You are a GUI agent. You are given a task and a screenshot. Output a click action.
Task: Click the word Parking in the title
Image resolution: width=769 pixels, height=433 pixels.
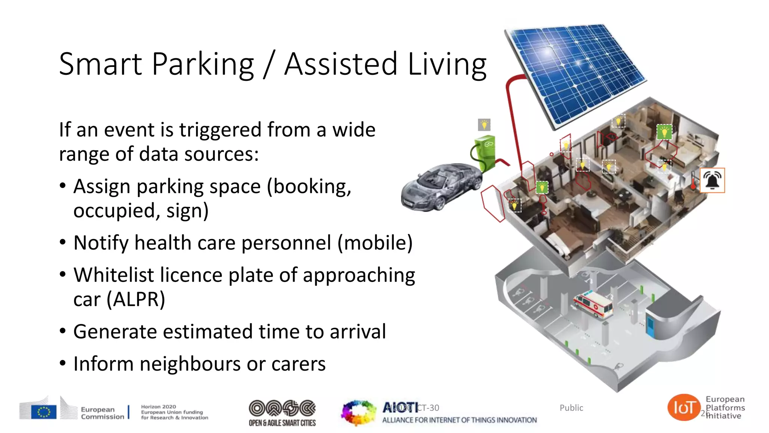(203, 64)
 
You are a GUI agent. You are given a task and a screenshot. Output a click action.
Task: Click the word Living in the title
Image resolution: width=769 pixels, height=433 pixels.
(447, 64)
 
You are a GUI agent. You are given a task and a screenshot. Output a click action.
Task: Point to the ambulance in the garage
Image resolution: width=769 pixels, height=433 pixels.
(593, 304)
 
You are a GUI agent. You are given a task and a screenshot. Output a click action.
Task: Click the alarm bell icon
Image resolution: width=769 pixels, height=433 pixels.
(712, 180)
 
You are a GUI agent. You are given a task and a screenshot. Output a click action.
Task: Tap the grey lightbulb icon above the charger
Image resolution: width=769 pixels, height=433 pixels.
(484, 124)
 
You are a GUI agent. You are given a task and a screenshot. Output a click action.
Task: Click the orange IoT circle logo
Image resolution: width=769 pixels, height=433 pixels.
(684, 407)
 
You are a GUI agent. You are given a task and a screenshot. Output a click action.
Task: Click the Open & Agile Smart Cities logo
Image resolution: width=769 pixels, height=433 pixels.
(282, 413)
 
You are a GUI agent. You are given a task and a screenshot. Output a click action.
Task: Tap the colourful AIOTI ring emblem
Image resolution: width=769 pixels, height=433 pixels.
(358, 413)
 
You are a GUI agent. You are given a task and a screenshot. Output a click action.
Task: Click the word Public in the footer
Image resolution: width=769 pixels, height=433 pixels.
(571, 408)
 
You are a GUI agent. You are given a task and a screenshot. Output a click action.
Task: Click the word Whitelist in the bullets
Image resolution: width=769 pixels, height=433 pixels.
(113, 275)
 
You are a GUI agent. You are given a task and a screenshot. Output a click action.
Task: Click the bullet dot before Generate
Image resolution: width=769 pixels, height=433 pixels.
(63, 331)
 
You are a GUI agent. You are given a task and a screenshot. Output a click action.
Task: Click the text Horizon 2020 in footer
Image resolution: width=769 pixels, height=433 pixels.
(158, 407)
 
